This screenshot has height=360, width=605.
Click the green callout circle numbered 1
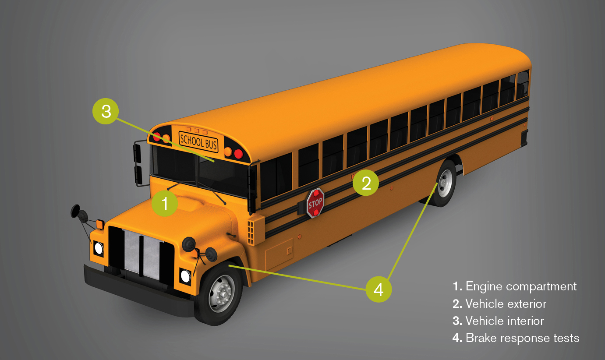[164, 203]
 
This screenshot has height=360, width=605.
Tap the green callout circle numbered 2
[366, 183]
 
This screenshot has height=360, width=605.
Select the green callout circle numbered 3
[106, 111]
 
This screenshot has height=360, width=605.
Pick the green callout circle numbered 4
[379, 289]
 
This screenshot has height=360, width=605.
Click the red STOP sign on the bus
[315, 203]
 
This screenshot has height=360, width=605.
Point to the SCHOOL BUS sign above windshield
[198, 142]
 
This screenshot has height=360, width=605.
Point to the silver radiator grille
[142, 254]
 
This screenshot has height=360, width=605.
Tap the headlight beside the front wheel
[185, 276]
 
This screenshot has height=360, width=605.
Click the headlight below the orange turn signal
[98, 248]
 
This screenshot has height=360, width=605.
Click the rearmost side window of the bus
[523, 85]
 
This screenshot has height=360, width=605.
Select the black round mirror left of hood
[75, 211]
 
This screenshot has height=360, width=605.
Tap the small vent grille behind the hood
[251, 233]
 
